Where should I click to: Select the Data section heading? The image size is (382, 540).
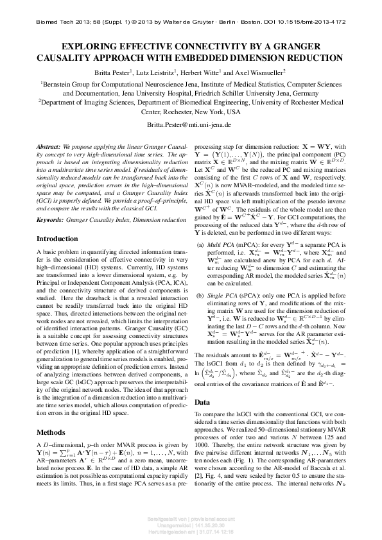click(x=203, y=402)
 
